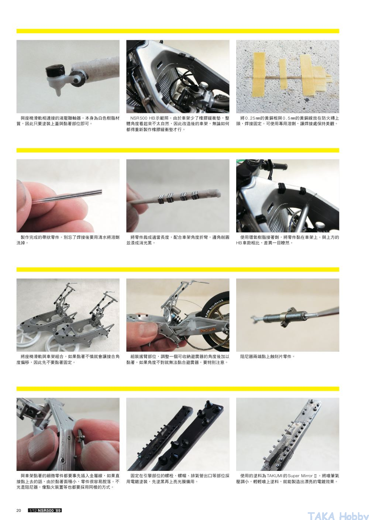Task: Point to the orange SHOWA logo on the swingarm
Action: tap(207, 330)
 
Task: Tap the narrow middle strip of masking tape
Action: tap(283, 74)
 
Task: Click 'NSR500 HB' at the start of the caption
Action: tap(142, 118)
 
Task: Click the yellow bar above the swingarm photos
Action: tap(178, 269)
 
